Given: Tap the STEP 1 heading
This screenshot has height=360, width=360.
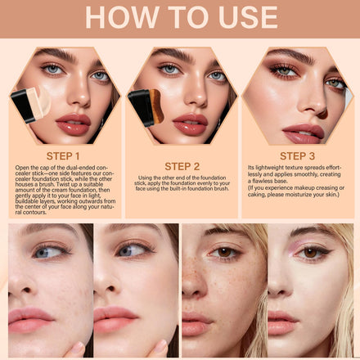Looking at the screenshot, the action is pyautogui.click(x=63, y=156).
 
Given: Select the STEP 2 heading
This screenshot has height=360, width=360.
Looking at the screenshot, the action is pyautogui.click(x=182, y=166).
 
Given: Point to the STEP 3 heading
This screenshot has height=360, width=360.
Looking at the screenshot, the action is pyautogui.click(x=297, y=156).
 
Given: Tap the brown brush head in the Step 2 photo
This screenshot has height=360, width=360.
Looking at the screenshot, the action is pyautogui.click(x=157, y=106).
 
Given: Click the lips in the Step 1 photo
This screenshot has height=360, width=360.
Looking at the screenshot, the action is pyautogui.click(x=74, y=124).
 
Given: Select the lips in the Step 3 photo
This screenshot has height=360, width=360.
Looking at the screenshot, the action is pyautogui.click(x=304, y=133).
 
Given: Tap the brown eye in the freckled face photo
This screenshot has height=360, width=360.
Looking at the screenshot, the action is pyautogui.click(x=224, y=252).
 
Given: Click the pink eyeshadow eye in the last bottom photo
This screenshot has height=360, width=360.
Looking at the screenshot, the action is pyautogui.click(x=312, y=253).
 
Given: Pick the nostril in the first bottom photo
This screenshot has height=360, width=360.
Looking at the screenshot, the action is pyautogui.click(x=26, y=290).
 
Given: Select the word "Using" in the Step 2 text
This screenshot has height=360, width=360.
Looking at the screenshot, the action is pyautogui.click(x=145, y=178).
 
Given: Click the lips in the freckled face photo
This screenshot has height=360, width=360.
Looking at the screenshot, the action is pyautogui.click(x=196, y=324).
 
